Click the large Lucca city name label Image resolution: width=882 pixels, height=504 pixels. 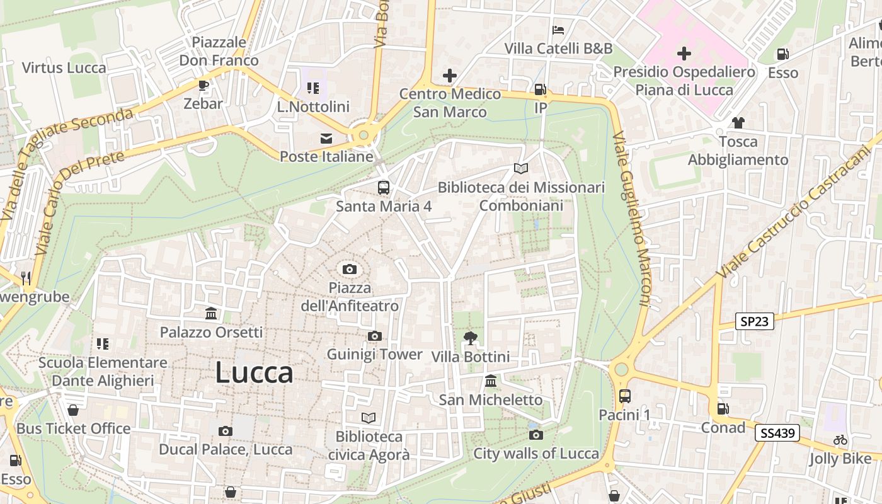point(254,372)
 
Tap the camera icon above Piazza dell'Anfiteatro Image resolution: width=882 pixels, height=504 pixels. point(350,270)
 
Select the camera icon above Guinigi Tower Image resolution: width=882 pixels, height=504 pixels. point(375,336)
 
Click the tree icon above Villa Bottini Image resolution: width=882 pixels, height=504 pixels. point(470,338)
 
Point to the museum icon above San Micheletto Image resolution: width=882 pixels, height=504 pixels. point(491,381)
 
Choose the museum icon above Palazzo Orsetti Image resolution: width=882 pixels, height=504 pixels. point(211,313)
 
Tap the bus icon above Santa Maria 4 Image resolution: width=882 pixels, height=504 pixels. point(383,187)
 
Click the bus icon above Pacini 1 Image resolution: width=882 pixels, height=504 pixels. point(624,396)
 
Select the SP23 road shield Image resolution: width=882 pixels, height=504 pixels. point(755,321)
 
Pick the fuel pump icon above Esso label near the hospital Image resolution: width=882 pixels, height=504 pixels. point(782,55)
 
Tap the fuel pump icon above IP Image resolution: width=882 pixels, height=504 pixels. point(540,89)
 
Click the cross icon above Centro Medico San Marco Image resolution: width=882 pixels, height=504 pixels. point(449,76)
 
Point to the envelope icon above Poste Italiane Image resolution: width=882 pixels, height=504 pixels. point(326,138)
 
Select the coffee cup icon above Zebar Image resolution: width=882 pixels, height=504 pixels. point(203,85)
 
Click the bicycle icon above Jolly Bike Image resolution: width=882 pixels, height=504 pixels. point(840,440)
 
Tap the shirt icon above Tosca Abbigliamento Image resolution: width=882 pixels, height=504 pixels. point(738,123)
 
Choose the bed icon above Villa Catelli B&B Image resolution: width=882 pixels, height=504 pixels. point(558,30)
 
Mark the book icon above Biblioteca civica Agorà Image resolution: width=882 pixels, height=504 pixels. point(369,418)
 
